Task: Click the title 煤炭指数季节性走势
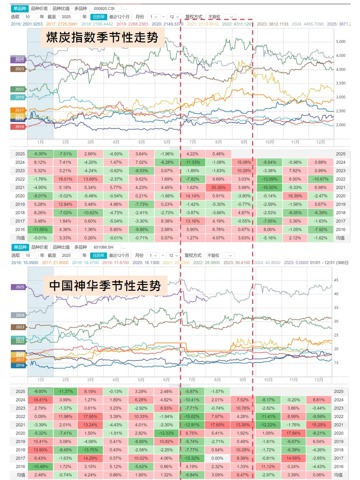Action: click(x=102, y=38)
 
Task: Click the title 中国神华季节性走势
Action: click(x=105, y=285)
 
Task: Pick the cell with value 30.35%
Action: click(x=218, y=187)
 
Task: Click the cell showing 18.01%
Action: click(x=65, y=179)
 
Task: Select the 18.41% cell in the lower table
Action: click(x=40, y=400)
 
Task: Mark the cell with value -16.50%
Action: click(x=269, y=187)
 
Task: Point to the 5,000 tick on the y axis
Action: click(x=340, y=42)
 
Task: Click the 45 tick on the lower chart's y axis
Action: click(x=336, y=280)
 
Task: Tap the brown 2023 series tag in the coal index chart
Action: click(x=19, y=69)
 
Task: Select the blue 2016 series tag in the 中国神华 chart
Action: click(x=20, y=365)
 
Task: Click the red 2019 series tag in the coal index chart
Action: click(x=19, y=127)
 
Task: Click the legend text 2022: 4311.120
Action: click(x=237, y=24)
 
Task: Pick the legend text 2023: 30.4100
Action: click(x=236, y=263)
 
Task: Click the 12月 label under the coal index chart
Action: click(x=320, y=142)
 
